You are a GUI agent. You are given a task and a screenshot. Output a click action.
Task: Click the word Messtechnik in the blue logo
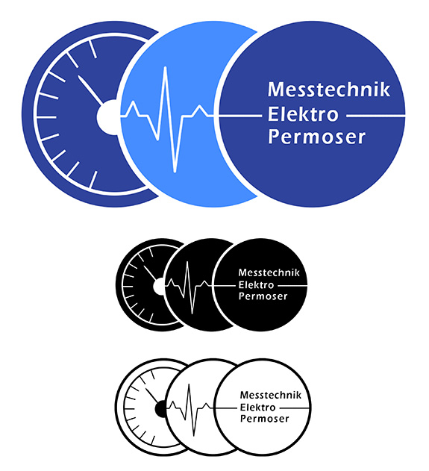coord(329,90)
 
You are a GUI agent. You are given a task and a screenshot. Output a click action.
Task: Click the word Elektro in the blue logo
coord(303,114)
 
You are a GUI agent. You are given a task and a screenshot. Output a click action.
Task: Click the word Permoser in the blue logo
coord(317,137)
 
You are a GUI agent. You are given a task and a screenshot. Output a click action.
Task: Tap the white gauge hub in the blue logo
coord(107,117)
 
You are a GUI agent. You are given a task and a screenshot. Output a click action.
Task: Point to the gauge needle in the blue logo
coord(90,90)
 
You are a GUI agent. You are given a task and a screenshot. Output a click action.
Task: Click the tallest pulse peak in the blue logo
coord(165,68)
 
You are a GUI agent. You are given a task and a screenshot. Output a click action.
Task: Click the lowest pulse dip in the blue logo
coord(175,171)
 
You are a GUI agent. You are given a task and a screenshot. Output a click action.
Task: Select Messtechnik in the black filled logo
coord(269,272)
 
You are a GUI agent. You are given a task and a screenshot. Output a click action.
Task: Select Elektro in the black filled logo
coord(256,284)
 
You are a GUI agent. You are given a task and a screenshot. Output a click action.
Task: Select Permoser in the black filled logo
coord(263,296)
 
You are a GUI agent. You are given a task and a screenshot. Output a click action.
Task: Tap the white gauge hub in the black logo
coord(159,287)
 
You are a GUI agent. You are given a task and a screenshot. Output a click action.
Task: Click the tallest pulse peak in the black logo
coord(187,263)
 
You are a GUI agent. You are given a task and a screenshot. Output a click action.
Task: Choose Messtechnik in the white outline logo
coord(271,395)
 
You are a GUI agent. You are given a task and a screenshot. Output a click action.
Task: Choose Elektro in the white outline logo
coord(257,408)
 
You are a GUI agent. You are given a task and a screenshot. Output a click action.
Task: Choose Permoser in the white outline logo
coord(264,419)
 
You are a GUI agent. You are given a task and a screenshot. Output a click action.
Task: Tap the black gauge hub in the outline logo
coord(160,409)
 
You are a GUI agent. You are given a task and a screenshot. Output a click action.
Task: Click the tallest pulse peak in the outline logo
coord(189,386)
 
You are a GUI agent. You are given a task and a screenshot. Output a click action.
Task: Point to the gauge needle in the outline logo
coord(152,396)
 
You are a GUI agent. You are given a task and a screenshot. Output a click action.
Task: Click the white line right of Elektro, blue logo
coord(375,115)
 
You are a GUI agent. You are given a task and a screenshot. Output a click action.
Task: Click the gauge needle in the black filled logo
coord(150,272)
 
